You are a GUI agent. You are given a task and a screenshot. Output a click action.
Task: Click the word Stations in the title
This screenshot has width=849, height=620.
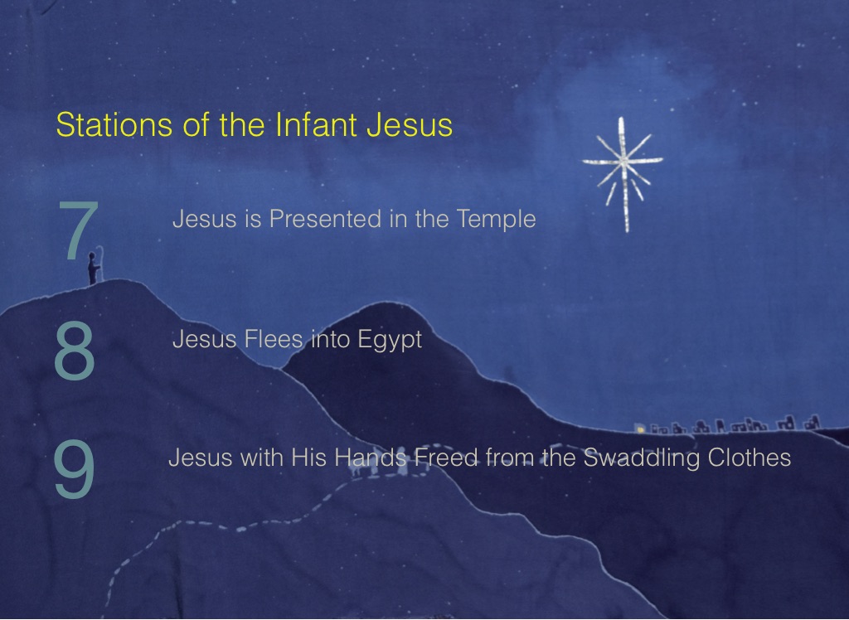click(114, 124)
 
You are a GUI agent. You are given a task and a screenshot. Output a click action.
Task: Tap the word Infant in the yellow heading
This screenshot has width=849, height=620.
click(316, 124)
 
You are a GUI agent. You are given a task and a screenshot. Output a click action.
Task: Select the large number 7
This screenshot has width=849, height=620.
click(79, 230)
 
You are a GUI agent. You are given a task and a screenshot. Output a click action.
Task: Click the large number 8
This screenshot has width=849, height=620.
click(75, 350)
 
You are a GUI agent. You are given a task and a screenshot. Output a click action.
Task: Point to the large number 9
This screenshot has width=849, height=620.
click(75, 468)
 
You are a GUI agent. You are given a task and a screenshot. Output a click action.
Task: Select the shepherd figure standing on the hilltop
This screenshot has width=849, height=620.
click(94, 269)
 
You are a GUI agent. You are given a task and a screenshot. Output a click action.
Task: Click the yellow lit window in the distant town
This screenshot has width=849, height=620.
click(641, 430)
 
